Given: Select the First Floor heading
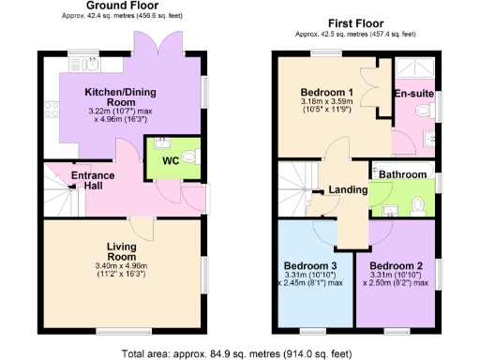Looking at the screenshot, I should [x=359, y=22].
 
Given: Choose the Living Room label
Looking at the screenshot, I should [x=122, y=250].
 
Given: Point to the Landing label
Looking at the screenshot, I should [x=348, y=189].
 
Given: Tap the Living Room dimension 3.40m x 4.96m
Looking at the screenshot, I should [x=122, y=266].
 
